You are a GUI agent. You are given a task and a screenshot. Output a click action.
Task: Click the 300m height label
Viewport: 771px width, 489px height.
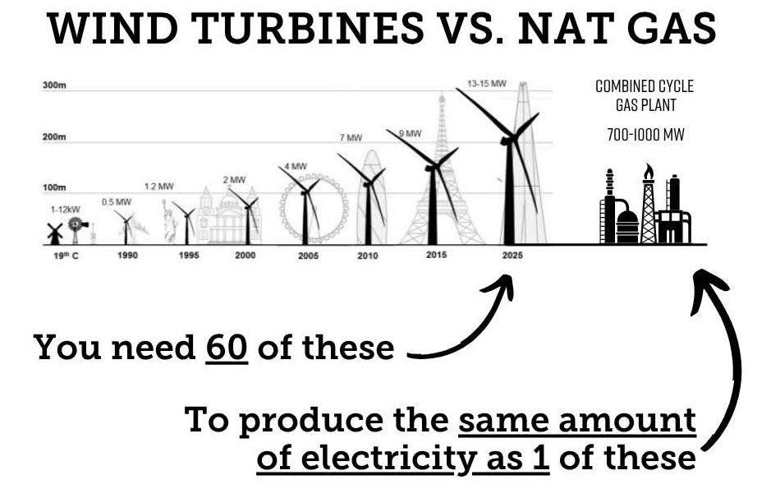[x=54, y=86]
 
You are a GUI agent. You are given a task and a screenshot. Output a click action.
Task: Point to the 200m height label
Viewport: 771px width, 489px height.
[x=54, y=137]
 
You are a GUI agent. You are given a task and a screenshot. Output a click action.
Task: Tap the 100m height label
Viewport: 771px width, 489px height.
[x=54, y=188]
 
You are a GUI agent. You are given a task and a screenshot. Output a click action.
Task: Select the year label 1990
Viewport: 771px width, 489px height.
[x=127, y=256]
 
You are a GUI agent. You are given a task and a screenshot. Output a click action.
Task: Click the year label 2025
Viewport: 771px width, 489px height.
[x=512, y=256]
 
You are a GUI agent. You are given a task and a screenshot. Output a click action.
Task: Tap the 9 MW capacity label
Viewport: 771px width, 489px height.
[x=410, y=133]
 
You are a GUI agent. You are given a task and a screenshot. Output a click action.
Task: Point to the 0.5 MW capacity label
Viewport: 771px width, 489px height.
[x=117, y=201]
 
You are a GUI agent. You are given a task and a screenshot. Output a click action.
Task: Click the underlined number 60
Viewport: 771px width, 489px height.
[x=227, y=348]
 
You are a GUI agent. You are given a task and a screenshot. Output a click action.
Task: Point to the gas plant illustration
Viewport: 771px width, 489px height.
[x=645, y=209]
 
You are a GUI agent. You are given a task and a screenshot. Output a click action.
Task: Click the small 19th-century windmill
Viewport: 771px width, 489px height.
[x=55, y=233]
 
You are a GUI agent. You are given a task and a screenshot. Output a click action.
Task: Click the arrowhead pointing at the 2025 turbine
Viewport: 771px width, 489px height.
[x=503, y=287]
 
